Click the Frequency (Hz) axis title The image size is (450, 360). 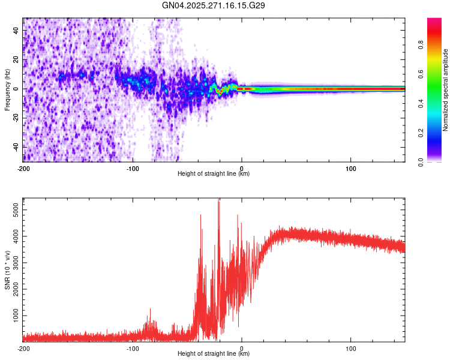coord(7,90)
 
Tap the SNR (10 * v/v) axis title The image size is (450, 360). coord(7,271)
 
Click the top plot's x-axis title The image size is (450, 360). coord(214,173)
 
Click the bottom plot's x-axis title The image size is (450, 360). coord(214,353)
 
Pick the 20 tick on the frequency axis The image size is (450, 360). coord(16,59)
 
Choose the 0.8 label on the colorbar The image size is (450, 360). coord(421,44)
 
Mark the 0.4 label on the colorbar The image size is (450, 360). coord(421,103)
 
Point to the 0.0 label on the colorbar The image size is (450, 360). coord(421,161)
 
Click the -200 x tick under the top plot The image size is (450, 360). coord(23,167)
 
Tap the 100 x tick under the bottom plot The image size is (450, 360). coord(350,347)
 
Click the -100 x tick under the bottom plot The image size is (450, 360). coord(133,347)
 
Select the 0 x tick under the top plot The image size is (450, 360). coord(242,167)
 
